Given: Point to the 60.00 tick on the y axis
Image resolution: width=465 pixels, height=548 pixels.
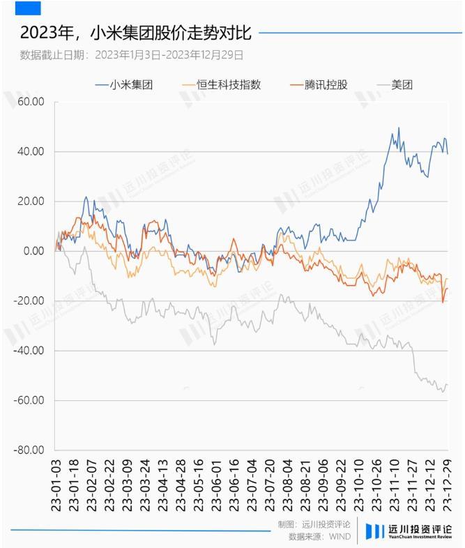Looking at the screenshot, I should (x=31, y=102).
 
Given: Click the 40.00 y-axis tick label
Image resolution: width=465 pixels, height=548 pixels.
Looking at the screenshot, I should (x=31, y=151).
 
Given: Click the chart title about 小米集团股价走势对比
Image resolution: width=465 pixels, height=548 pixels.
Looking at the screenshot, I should (x=135, y=33).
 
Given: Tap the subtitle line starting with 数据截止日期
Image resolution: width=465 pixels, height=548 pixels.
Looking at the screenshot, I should (x=132, y=54).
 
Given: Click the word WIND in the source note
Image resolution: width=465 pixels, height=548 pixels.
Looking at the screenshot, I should (x=340, y=536).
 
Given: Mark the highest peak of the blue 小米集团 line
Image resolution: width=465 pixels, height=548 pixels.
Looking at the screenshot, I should (x=399, y=128).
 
